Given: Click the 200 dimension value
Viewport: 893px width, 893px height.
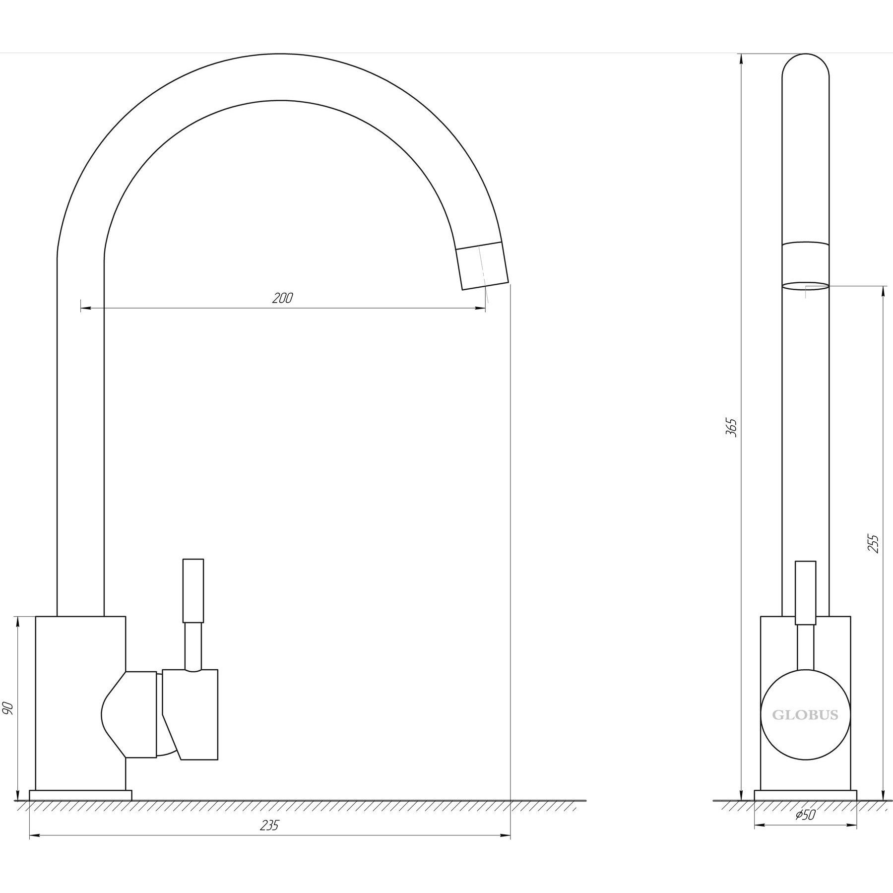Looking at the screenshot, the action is click(283, 298).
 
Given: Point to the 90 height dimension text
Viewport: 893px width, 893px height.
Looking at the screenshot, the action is click(8, 708).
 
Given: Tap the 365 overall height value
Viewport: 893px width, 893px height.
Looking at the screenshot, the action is click(731, 428).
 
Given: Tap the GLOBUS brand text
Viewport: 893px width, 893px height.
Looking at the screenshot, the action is click(805, 715).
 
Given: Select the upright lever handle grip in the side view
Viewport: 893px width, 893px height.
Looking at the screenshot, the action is click(193, 591).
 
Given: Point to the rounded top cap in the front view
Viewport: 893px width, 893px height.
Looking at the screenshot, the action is click(806, 67).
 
